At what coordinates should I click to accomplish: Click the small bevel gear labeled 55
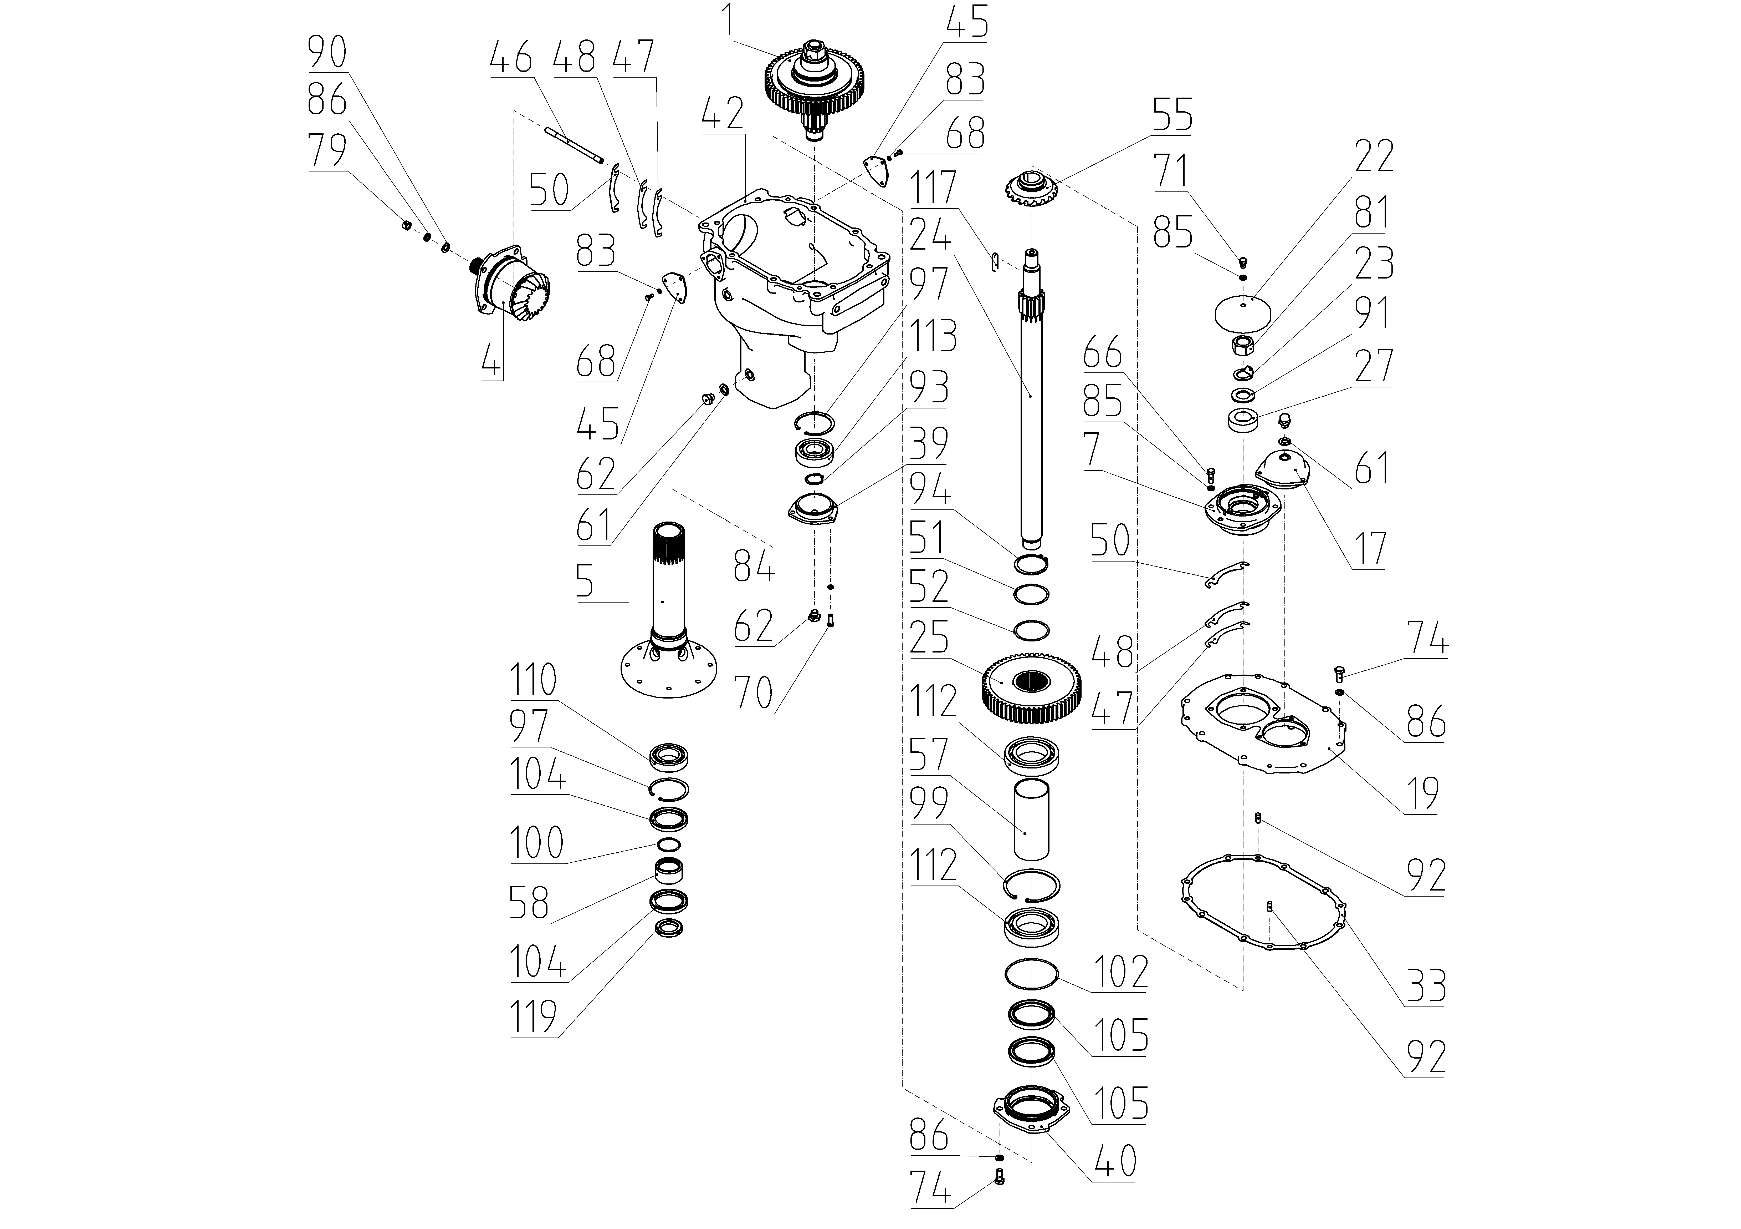click(x=1031, y=194)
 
